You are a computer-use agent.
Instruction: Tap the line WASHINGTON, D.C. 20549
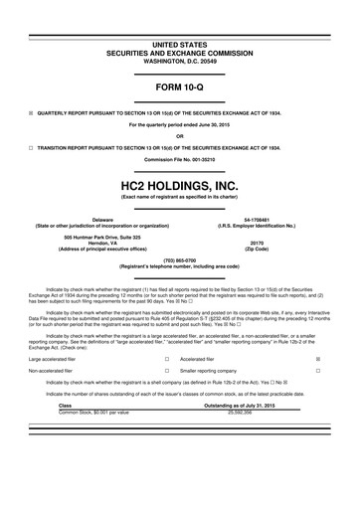pyautogui.click(x=180, y=35)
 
